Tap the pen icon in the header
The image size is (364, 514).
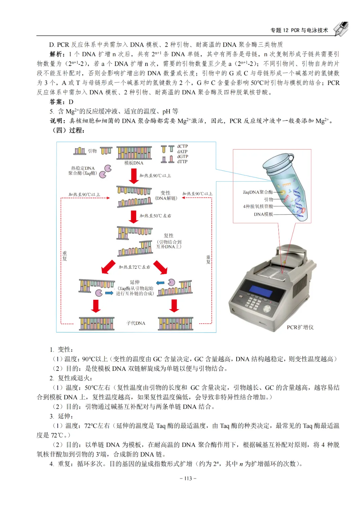pos(341,29)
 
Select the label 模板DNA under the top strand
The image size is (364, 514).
pos(134,163)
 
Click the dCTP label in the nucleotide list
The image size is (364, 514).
pos(182,147)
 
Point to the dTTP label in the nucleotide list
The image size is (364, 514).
pos(182,162)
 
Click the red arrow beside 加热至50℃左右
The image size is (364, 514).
pos(133,217)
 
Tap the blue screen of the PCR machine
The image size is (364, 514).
pos(261,292)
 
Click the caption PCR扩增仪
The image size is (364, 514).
pos(300,327)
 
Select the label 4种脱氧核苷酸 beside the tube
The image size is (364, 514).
pos(258,206)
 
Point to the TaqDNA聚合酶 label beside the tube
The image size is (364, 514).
pos(258,192)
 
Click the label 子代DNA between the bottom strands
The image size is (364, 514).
pos(136,323)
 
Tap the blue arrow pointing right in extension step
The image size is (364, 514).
pos(109,293)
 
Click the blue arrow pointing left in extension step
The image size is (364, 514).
pos(160,283)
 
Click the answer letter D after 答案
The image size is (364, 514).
pos(71,102)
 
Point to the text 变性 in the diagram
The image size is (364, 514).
pos(165,193)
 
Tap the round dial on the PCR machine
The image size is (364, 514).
pos(267,309)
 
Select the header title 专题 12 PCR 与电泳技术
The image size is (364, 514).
pos(299,30)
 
